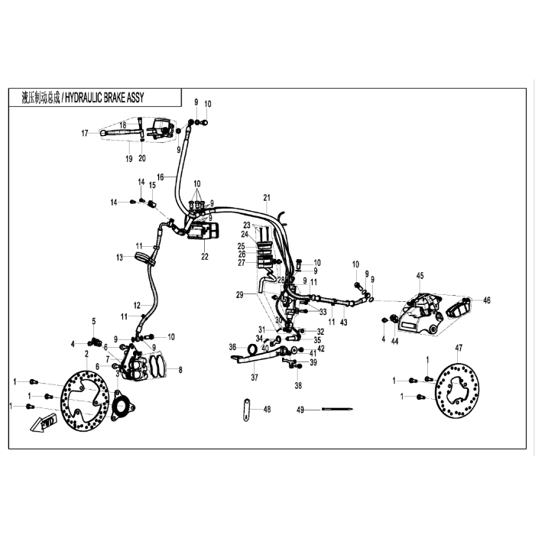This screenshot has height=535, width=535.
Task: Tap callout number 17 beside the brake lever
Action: click(85, 133)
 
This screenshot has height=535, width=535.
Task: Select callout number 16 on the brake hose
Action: click(160, 177)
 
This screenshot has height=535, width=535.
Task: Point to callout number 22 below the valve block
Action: click(205, 257)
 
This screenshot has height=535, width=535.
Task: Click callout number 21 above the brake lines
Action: click(267, 198)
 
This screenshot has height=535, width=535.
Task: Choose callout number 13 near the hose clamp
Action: click(120, 258)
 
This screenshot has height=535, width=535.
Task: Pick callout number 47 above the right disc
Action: click(459, 348)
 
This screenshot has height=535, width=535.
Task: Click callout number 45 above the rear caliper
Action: click(420, 275)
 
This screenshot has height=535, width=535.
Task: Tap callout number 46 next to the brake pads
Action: click(486, 301)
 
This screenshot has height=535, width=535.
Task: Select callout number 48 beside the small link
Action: click(267, 410)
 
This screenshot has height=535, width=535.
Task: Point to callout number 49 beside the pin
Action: click(300, 410)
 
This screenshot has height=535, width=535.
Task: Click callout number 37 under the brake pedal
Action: click(255, 377)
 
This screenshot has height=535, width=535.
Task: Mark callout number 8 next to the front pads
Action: click(180, 370)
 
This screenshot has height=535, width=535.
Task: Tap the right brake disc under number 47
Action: click(459, 390)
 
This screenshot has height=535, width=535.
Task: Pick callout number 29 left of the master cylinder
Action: click(239, 293)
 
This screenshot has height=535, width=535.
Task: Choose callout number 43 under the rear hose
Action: click(343, 323)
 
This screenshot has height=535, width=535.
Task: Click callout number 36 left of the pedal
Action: click(232, 347)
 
